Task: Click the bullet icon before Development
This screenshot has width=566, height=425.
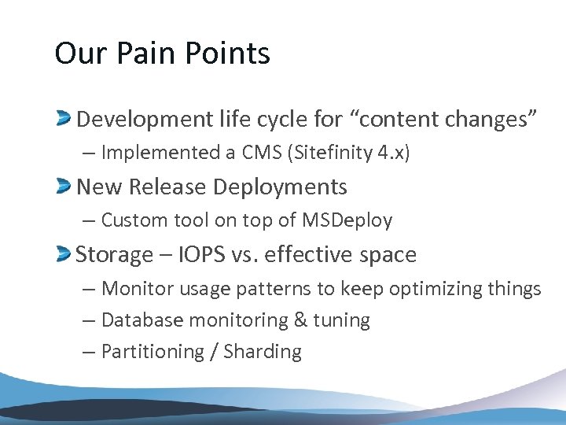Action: [64, 120]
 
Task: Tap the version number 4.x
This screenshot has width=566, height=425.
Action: [390, 153]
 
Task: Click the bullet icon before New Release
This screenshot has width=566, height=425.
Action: [64, 187]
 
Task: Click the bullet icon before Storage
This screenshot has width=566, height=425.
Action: [64, 253]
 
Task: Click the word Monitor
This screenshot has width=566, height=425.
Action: [140, 289]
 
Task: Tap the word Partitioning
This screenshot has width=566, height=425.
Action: [154, 352]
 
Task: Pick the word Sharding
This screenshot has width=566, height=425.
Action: [263, 352]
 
